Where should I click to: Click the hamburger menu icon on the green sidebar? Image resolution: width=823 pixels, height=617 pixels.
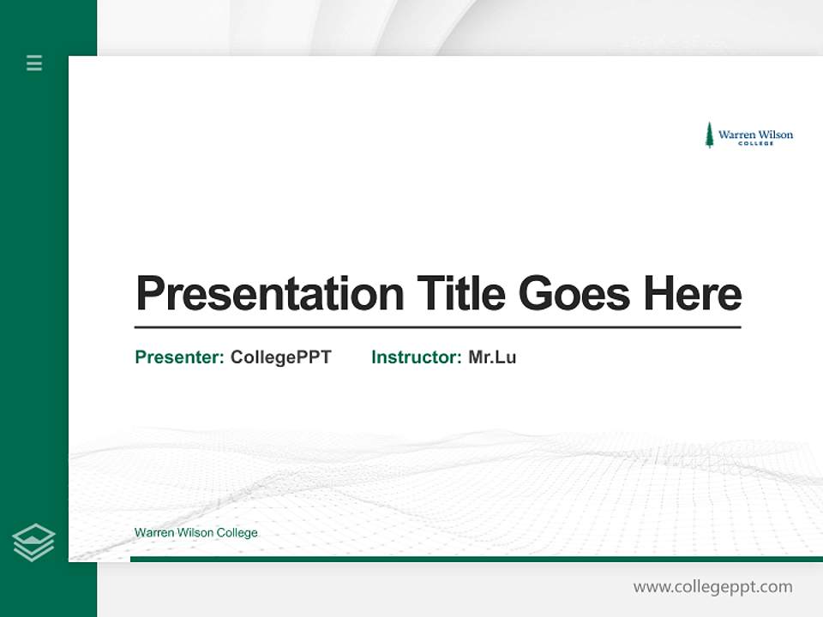point(34,63)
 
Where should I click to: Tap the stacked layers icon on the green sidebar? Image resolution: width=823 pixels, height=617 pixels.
point(33,542)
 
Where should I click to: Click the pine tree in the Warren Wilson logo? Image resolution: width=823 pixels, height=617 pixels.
point(709,135)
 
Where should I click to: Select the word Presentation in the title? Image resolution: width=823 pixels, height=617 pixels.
point(269,294)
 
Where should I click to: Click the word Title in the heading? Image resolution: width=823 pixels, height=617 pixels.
point(461,294)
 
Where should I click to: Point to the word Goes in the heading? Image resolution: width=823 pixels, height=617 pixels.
point(574,294)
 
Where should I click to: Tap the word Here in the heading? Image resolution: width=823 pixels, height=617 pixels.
point(693,294)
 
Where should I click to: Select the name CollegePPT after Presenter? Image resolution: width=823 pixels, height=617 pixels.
point(281,357)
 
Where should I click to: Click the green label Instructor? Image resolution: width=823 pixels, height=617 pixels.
point(417,357)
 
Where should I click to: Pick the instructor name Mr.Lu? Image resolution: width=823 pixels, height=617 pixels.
point(492,357)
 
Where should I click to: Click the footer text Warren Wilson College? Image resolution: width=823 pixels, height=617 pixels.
point(195,533)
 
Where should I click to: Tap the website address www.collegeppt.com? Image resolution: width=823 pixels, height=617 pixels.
point(712,587)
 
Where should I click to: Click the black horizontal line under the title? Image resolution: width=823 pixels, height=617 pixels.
point(437,326)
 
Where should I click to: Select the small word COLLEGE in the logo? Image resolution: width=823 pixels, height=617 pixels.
point(755,143)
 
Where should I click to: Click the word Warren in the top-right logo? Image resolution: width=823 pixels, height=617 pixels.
point(736,135)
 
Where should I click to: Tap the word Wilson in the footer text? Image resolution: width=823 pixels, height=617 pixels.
point(195,533)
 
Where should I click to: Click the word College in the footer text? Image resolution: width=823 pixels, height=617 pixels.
point(237,533)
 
